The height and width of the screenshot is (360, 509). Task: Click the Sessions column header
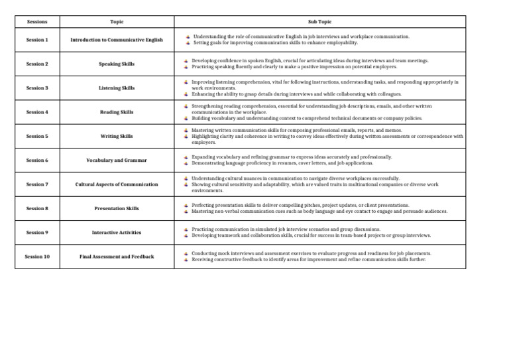point(37,22)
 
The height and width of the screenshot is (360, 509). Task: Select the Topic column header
point(117,22)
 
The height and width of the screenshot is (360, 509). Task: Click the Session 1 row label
point(37,40)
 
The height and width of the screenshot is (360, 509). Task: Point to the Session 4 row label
point(37,112)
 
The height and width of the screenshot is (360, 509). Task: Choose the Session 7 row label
point(37,184)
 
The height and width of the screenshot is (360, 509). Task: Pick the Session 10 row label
point(37,257)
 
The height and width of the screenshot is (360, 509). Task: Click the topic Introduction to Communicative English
point(117,40)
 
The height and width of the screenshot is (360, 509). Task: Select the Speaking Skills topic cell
point(117,64)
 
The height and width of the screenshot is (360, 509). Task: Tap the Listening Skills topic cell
point(117,88)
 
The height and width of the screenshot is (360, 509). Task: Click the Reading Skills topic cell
point(117,112)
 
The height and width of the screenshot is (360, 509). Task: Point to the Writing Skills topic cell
point(117,137)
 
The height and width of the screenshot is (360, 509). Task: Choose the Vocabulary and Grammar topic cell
point(117,160)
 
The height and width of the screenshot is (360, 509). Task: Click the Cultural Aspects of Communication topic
point(117,184)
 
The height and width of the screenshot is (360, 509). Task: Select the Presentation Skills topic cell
point(117,209)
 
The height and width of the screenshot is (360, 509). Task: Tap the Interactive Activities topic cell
point(117,233)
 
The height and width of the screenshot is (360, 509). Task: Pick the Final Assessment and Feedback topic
point(117,257)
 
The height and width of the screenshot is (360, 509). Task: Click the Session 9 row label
point(37,233)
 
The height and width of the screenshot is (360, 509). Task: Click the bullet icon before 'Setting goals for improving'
point(188,42)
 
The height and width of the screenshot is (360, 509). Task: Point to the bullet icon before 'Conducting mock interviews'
point(186,253)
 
